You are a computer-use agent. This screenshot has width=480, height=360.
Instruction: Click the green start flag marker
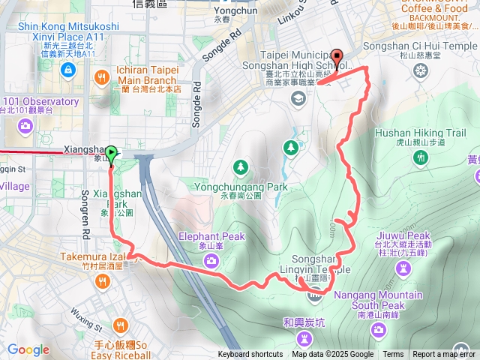click(x=111, y=155)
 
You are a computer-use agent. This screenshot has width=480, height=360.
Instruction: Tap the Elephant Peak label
click(x=211, y=237)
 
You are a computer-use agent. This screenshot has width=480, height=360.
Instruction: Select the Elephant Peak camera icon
click(x=211, y=259)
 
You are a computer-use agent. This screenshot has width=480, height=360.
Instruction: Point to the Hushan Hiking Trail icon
click(x=421, y=156)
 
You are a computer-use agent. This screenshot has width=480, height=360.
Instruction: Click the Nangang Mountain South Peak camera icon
click(x=382, y=331)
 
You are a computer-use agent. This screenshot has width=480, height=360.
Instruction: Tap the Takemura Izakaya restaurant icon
click(x=102, y=281)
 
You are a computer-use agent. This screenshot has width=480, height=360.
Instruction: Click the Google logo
click(x=28, y=349)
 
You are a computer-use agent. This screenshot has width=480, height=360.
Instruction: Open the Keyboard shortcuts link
click(x=250, y=355)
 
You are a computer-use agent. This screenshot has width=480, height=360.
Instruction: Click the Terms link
click(x=393, y=355)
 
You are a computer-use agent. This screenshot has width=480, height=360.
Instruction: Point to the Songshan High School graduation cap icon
click(x=298, y=98)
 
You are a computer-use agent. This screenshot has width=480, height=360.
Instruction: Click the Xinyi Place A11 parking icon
click(x=68, y=70)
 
